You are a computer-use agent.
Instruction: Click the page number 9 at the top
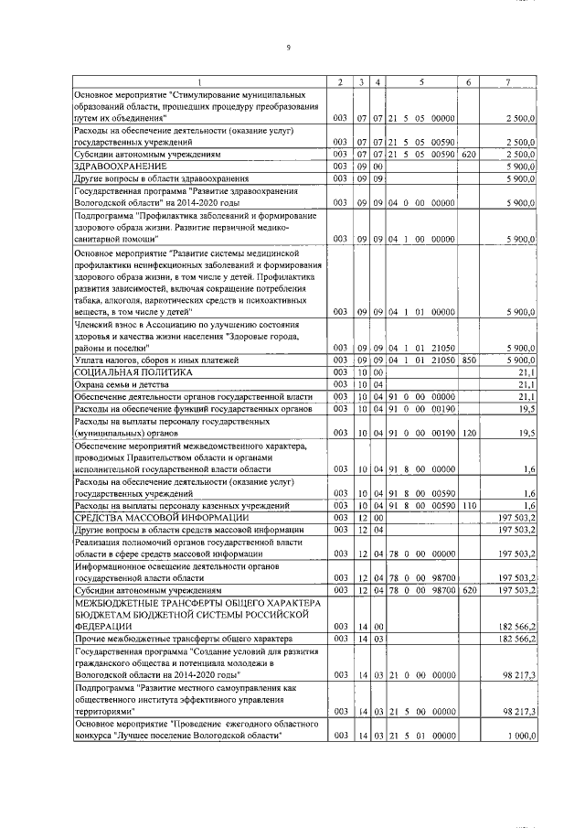point(289,47)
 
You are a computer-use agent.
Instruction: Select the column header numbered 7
point(507,82)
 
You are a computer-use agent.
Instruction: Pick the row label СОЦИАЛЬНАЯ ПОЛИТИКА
point(133,373)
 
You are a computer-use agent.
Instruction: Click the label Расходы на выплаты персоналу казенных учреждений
point(182,505)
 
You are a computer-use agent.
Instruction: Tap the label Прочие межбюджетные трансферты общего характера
point(182,638)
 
